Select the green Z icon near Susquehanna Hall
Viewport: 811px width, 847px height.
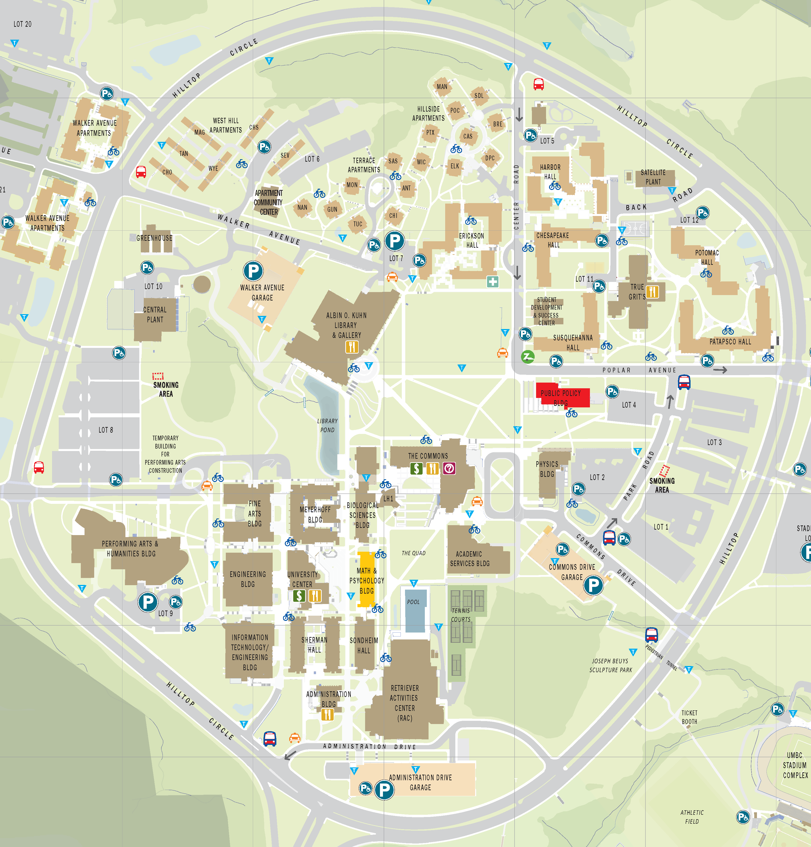click(527, 357)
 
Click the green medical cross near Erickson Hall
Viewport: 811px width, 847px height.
click(492, 282)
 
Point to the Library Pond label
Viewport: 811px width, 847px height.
click(327, 425)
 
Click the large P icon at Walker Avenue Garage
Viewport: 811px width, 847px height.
click(253, 271)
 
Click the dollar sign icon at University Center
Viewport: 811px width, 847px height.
click(299, 596)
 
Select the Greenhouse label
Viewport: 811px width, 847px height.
click(154, 238)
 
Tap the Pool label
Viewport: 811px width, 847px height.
click(413, 602)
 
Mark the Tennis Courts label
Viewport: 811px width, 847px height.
click(461, 615)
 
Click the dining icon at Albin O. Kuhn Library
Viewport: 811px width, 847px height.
click(352, 347)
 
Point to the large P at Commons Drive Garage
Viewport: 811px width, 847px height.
click(593, 586)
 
